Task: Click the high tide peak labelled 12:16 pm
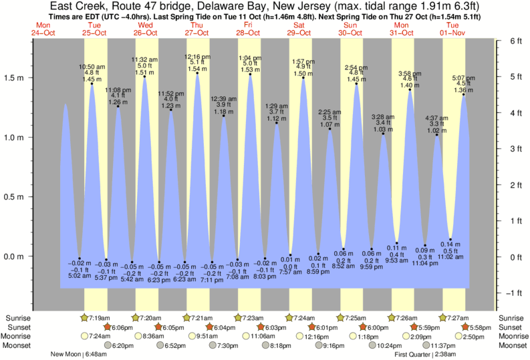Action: click(197, 73)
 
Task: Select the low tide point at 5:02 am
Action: click(79, 258)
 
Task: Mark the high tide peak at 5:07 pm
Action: click(463, 94)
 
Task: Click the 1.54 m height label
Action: click(197, 69)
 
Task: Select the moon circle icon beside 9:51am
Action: click(186, 336)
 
